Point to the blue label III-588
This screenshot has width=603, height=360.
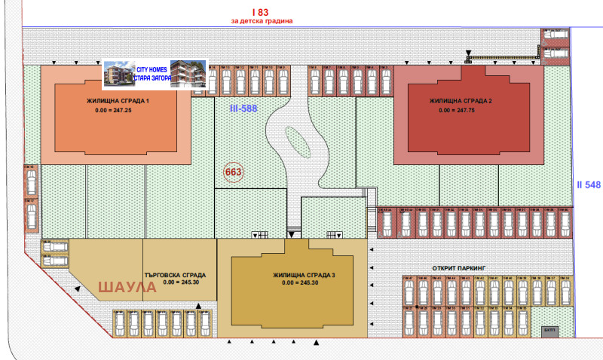(x=243, y=108)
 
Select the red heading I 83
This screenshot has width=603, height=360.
(x=261, y=11)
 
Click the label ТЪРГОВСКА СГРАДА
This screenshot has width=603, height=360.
(x=175, y=275)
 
